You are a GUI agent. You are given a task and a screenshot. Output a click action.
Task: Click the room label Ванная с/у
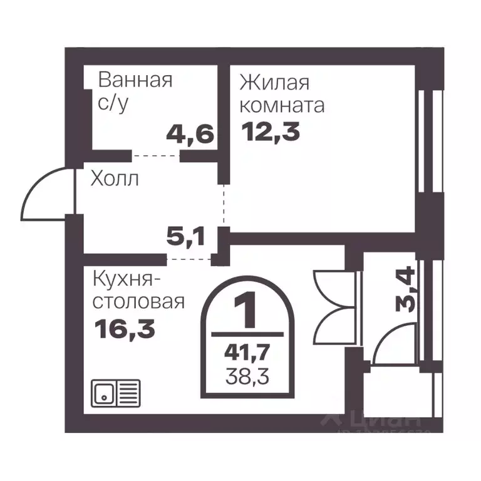coord(135,91)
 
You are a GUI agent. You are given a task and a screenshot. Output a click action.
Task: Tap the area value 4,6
coord(190,133)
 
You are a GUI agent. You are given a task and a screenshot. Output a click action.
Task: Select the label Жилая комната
coord(282,93)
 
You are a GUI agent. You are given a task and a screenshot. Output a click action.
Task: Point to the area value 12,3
coord(270,132)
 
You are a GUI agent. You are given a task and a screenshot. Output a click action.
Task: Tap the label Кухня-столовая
coord(138,289)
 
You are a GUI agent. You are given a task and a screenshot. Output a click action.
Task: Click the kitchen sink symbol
coord(116,393)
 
